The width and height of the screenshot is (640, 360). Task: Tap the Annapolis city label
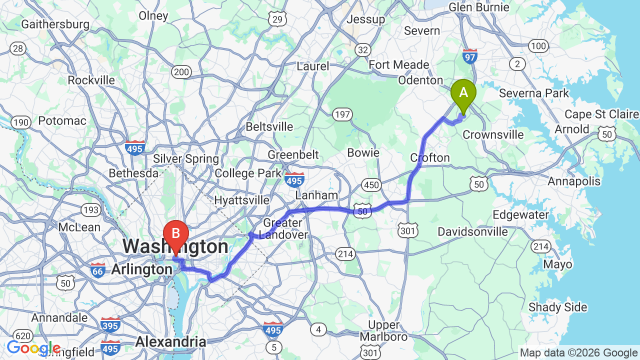[574, 181]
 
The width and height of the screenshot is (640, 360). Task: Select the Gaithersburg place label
[55, 24]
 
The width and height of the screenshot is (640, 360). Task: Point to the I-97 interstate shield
[470, 56]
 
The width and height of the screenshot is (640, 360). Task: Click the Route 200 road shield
[181, 72]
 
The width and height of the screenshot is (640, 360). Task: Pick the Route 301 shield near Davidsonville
[408, 230]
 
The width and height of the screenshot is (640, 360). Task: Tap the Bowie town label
[363, 152]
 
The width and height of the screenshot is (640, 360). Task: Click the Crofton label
[430, 158]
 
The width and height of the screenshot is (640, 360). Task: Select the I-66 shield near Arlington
[98, 270]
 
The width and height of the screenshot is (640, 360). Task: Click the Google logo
[33, 348]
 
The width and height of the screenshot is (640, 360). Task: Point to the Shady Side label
[557, 307]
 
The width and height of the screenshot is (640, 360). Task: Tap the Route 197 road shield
[342, 115]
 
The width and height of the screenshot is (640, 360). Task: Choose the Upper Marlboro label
[384, 330]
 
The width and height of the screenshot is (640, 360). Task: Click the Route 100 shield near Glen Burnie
[538, 46]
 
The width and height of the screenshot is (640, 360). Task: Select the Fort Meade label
[399, 65]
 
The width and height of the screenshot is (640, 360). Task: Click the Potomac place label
[62, 120]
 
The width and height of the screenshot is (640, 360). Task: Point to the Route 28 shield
[18, 48]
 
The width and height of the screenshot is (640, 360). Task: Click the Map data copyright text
[578, 352]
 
